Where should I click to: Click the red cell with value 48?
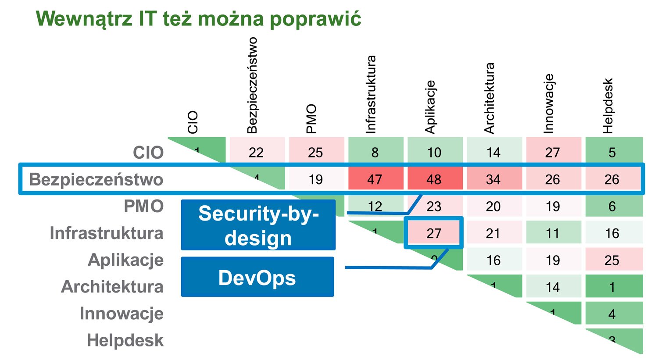pyautogui.click(x=434, y=179)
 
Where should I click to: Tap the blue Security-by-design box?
pyautogui.click(x=258, y=225)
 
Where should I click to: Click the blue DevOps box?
pyautogui.click(x=257, y=277)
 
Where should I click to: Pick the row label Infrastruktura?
pyautogui.click(x=106, y=233)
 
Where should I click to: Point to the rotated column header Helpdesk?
pyautogui.click(x=608, y=106)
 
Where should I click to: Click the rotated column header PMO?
pyautogui.click(x=311, y=118)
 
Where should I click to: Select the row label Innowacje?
pyautogui.click(x=122, y=314)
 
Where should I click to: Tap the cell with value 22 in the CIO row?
pyautogui.click(x=256, y=152)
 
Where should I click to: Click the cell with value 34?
pyautogui.click(x=493, y=179)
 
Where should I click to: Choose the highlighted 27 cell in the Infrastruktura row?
pyautogui.click(x=434, y=233)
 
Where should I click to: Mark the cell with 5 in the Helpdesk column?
pyautogui.click(x=612, y=152)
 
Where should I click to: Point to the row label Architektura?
pyautogui.click(x=112, y=287)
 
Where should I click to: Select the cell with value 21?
pyautogui.click(x=493, y=233)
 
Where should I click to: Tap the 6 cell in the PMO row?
pyautogui.click(x=612, y=206)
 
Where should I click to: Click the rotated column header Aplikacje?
pyautogui.click(x=430, y=107)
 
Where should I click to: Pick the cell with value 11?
pyautogui.click(x=553, y=233)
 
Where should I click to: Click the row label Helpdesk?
pyautogui.click(x=125, y=341)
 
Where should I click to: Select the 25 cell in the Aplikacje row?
pyautogui.click(x=612, y=260)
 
